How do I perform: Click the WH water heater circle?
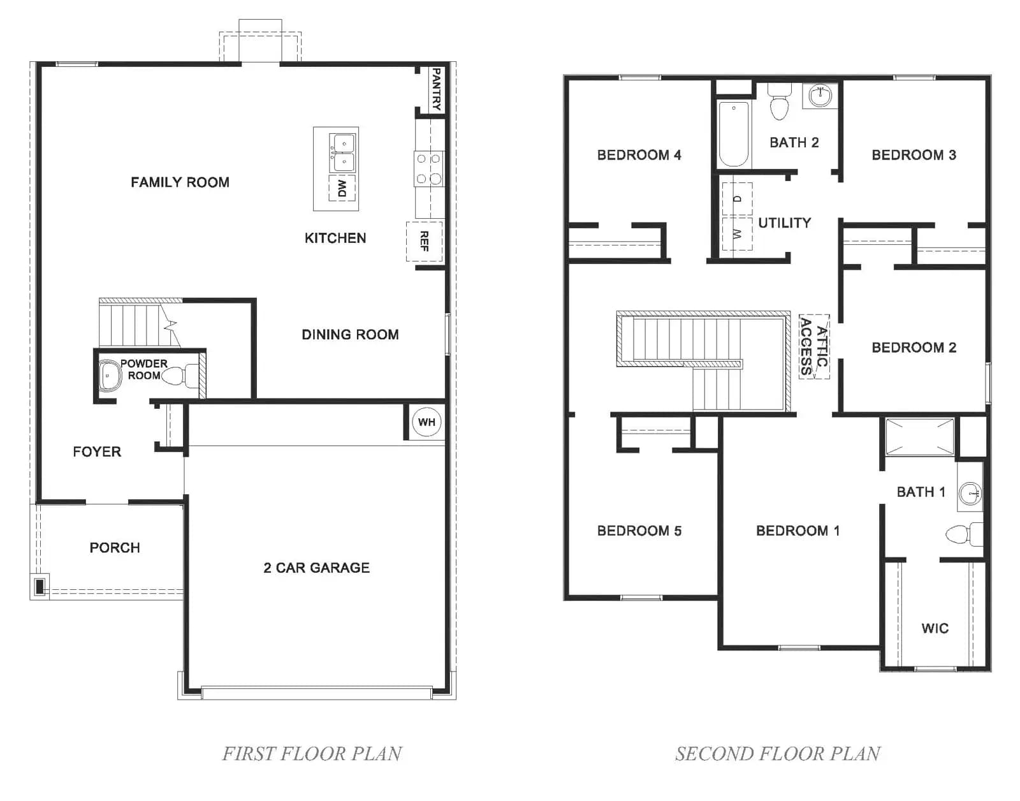click(426, 422)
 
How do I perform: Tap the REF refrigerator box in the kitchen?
click(424, 241)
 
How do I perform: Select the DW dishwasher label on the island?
click(342, 188)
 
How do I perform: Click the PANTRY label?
click(436, 89)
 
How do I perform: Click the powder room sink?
click(110, 376)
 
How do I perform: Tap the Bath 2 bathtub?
click(734, 134)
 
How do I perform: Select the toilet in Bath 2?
click(779, 102)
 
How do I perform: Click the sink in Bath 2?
click(820, 96)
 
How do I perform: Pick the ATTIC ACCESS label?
click(814, 346)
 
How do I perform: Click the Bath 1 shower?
click(919, 437)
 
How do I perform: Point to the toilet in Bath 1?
click(964, 534)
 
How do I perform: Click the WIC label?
click(935, 628)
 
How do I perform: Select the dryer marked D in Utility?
click(737, 198)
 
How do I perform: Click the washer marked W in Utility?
click(737, 234)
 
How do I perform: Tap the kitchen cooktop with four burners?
click(428, 168)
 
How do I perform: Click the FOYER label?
click(97, 452)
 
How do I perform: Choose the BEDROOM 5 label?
click(639, 531)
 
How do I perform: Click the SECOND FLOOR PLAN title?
click(778, 754)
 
